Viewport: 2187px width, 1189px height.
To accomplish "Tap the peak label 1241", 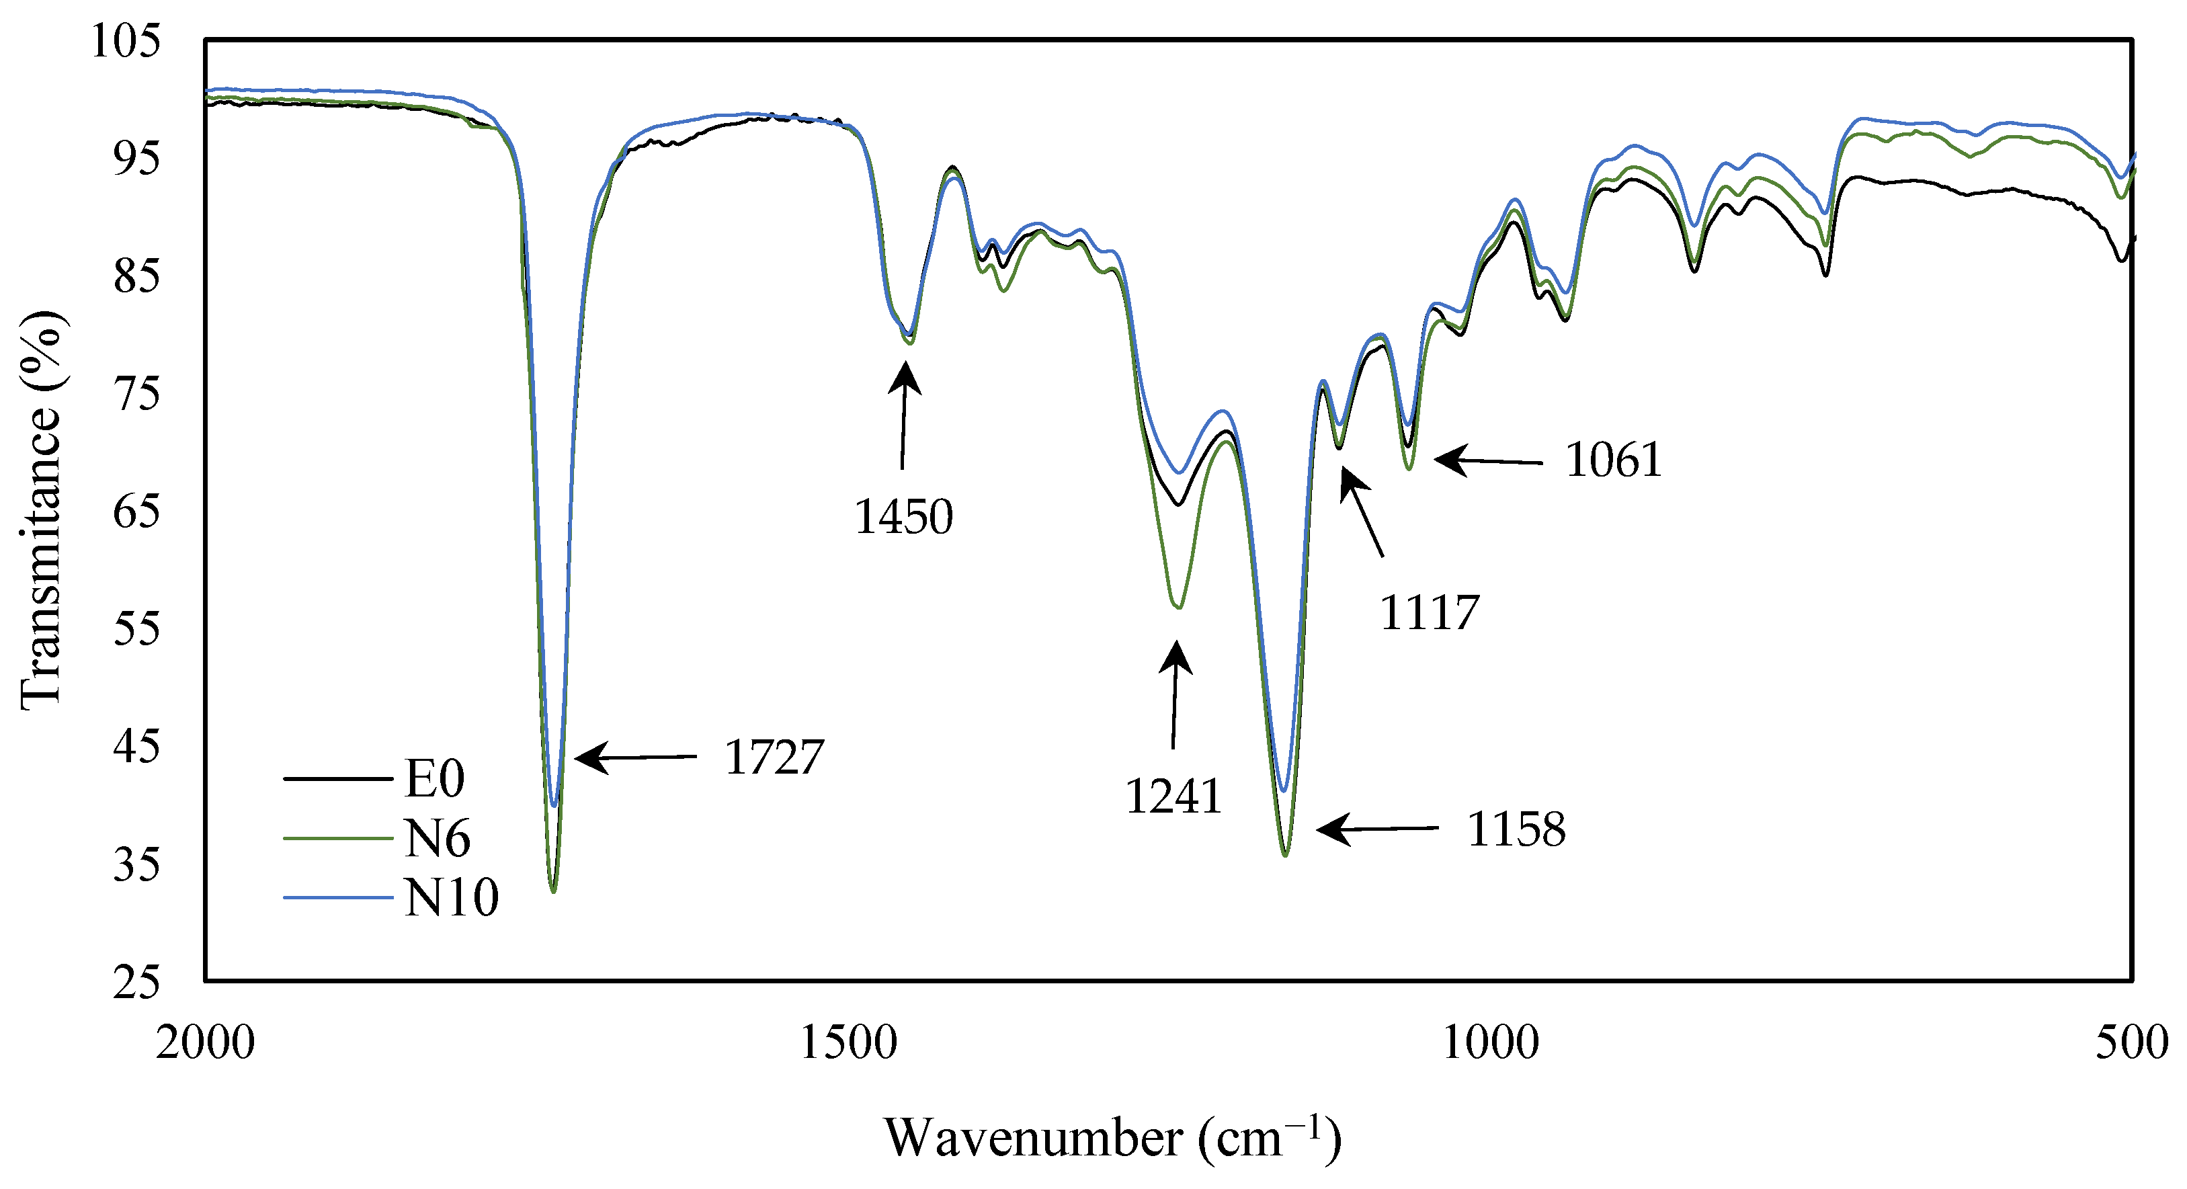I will pos(1173,796).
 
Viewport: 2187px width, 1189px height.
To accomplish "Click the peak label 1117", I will pos(1430,612).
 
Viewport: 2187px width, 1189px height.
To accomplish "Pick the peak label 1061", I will pos(1613,460).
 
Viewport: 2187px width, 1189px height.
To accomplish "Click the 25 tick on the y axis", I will pos(136,983).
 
